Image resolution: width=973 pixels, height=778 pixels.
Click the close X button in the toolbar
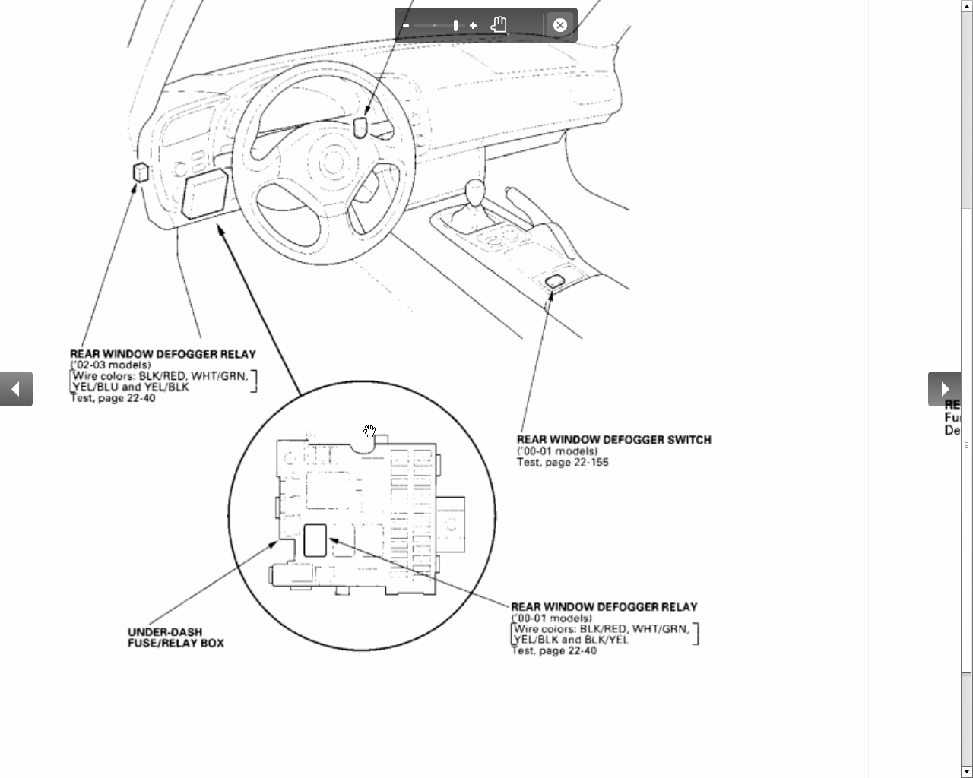point(559,25)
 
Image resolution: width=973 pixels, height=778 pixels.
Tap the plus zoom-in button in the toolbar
point(473,25)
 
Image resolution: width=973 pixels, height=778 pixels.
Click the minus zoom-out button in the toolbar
point(406,25)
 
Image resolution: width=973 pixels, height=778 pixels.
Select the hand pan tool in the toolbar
point(499,24)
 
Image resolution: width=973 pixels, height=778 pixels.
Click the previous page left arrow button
point(16,389)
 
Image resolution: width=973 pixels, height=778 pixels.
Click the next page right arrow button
point(945,389)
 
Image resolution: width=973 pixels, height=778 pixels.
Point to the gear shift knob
point(475,192)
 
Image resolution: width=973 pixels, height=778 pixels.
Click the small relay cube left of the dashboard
point(141,172)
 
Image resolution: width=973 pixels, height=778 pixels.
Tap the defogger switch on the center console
point(555,280)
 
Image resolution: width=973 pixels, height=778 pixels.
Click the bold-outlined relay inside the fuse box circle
point(315,540)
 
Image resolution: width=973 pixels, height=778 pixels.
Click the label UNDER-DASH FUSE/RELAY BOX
point(176,637)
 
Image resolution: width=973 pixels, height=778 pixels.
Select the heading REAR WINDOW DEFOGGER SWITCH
point(614,440)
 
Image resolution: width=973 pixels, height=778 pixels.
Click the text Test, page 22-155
point(563,462)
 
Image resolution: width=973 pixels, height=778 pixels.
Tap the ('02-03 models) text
point(110,365)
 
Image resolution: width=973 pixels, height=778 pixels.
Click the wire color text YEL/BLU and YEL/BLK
point(131,387)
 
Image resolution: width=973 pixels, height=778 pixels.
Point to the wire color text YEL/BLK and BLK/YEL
point(571,640)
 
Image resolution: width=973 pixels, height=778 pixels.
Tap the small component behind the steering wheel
point(360,128)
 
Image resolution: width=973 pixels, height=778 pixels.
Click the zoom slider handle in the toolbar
point(456,25)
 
